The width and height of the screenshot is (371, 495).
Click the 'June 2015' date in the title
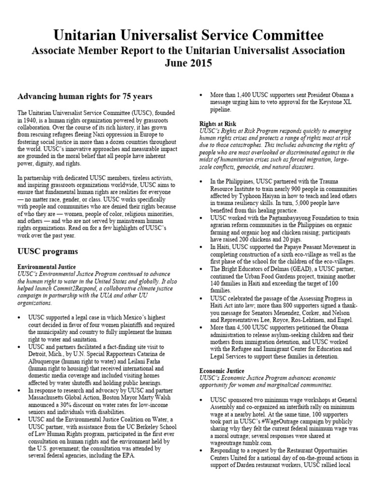185,63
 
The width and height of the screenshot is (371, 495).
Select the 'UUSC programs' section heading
48,252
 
